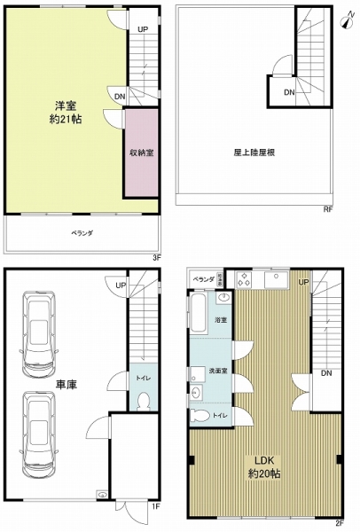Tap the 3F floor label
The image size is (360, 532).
[155, 257]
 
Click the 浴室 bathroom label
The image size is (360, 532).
[221, 319]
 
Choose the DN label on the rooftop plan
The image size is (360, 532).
[288, 92]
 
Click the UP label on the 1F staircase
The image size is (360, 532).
[118, 285]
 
